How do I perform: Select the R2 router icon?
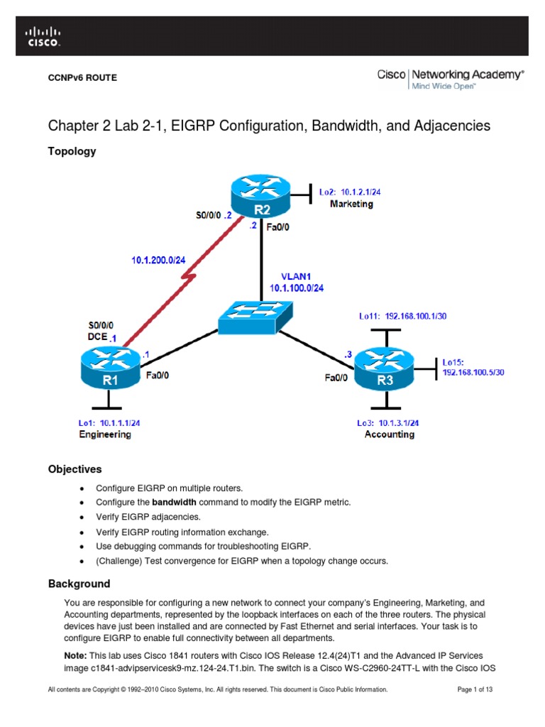point(260,199)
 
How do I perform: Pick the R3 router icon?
point(385,368)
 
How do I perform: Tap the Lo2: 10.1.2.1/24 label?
point(352,192)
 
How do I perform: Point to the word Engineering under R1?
point(104,434)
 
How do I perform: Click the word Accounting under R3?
point(389,434)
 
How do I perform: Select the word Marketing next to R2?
point(351,204)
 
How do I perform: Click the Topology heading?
point(72,151)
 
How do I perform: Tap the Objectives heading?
point(75,469)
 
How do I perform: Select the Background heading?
point(79,584)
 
